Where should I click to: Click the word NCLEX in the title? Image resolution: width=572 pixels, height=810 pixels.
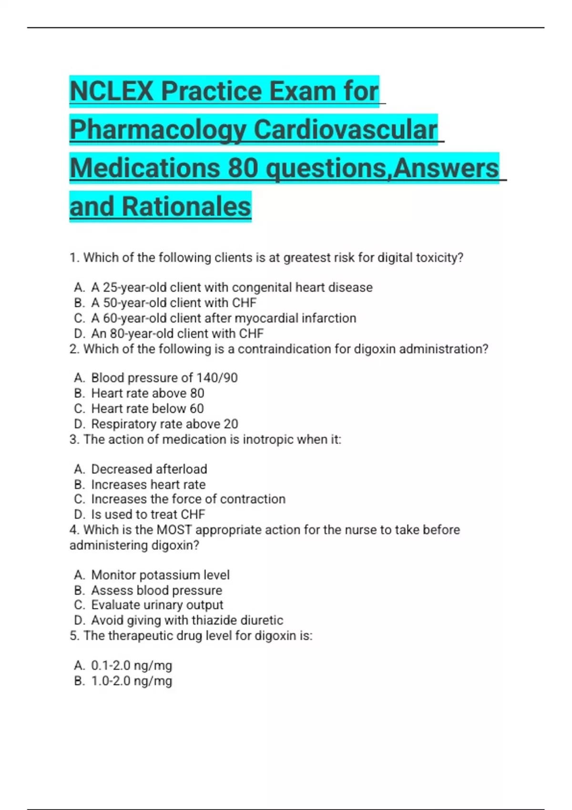(112, 91)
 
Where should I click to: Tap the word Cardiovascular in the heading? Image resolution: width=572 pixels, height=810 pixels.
(345, 130)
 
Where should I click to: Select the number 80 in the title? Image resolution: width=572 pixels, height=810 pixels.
(243, 168)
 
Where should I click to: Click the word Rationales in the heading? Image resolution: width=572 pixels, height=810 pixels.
(186, 207)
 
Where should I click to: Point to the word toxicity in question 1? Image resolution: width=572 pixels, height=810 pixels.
(439, 258)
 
